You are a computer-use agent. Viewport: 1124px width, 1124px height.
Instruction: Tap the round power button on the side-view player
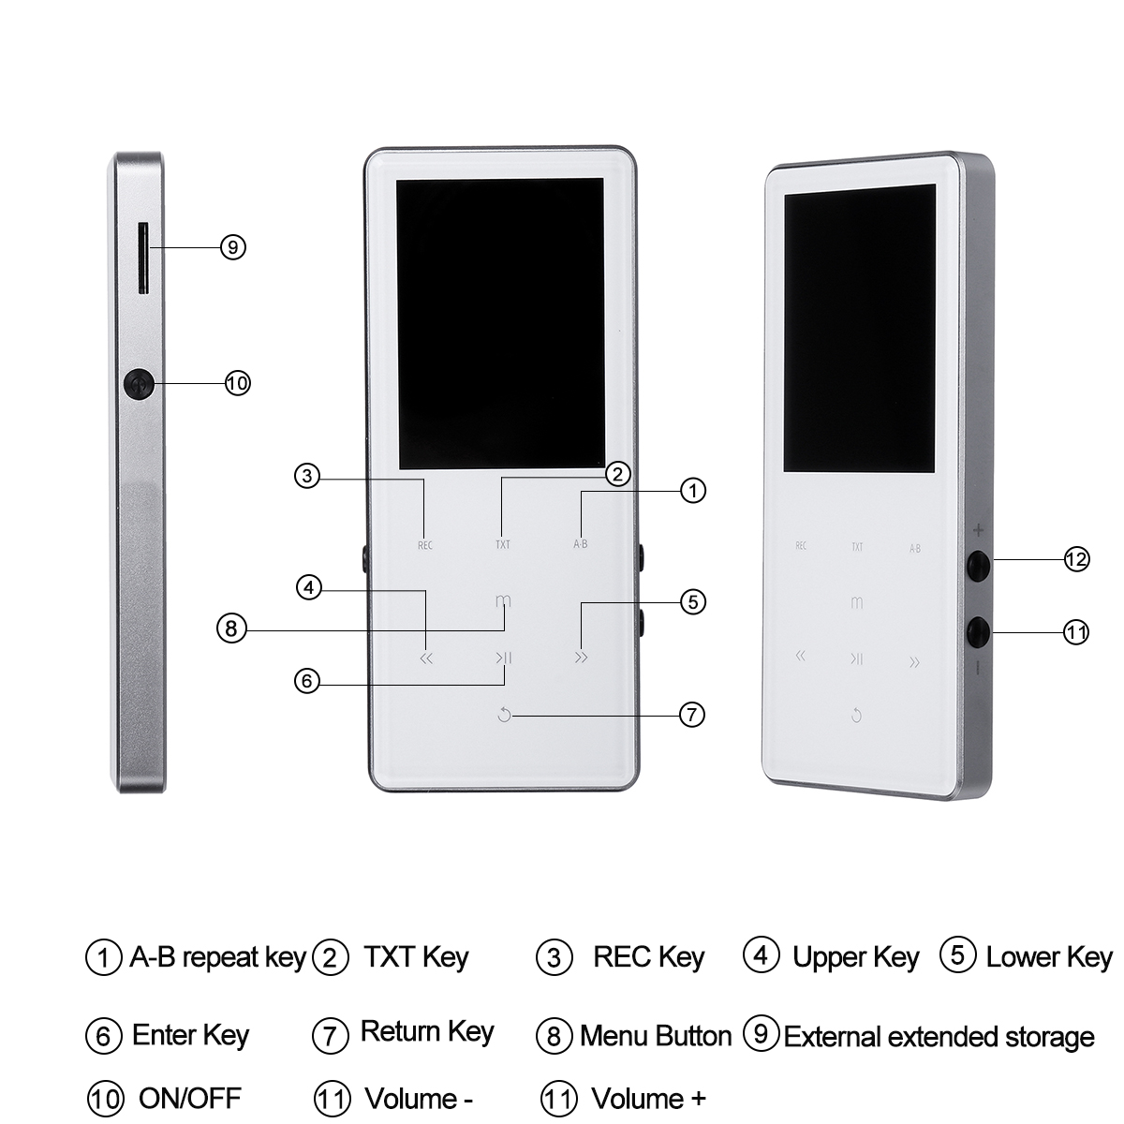click(x=139, y=384)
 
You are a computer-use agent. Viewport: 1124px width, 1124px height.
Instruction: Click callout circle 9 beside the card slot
click(x=233, y=247)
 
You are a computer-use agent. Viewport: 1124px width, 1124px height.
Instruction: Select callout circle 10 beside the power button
click(x=237, y=383)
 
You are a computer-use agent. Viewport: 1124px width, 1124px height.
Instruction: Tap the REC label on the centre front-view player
click(x=425, y=545)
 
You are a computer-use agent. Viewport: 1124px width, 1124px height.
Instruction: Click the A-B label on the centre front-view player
click(x=581, y=544)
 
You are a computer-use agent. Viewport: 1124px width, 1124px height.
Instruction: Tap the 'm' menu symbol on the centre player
click(x=503, y=600)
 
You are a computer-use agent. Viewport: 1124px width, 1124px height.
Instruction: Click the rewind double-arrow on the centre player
click(x=426, y=658)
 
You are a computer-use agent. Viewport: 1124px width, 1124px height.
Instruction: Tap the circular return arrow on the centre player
click(x=505, y=715)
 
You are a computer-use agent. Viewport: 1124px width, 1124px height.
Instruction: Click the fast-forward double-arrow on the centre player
click(x=581, y=658)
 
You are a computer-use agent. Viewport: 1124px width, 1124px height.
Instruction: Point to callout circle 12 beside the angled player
click(x=1077, y=559)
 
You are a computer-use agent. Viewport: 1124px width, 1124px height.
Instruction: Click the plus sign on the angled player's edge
click(x=978, y=530)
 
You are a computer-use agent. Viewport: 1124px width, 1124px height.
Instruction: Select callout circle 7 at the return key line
click(x=692, y=715)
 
